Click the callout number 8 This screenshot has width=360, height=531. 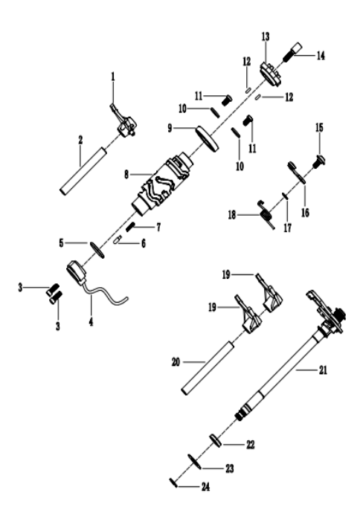(126, 175)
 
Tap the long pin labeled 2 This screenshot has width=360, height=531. (83, 171)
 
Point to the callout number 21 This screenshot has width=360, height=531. (323, 370)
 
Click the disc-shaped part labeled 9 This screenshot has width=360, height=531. (207, 138)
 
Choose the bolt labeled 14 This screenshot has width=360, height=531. (292, 52)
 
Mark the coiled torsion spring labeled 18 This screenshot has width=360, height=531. (266, 214)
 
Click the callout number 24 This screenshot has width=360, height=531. (205, 487)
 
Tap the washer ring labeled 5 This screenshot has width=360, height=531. (97, 250)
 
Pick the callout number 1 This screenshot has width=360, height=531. (113, 77)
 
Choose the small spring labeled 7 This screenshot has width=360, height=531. (130, 227)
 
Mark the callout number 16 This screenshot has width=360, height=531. (305, 213)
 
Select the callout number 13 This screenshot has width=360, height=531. (266, 36)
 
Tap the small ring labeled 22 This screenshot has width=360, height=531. (216, 440)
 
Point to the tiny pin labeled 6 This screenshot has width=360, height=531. (118, 240)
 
